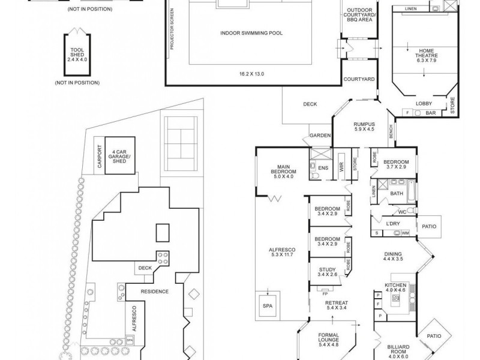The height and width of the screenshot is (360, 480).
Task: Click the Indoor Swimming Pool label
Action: [251, 33]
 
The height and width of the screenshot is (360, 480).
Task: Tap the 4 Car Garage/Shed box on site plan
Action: [120, 155]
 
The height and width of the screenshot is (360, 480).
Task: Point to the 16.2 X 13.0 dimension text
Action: [251, 74]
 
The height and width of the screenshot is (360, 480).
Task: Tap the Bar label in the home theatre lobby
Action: [430, 112]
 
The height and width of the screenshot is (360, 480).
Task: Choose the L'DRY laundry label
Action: [393, 224]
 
